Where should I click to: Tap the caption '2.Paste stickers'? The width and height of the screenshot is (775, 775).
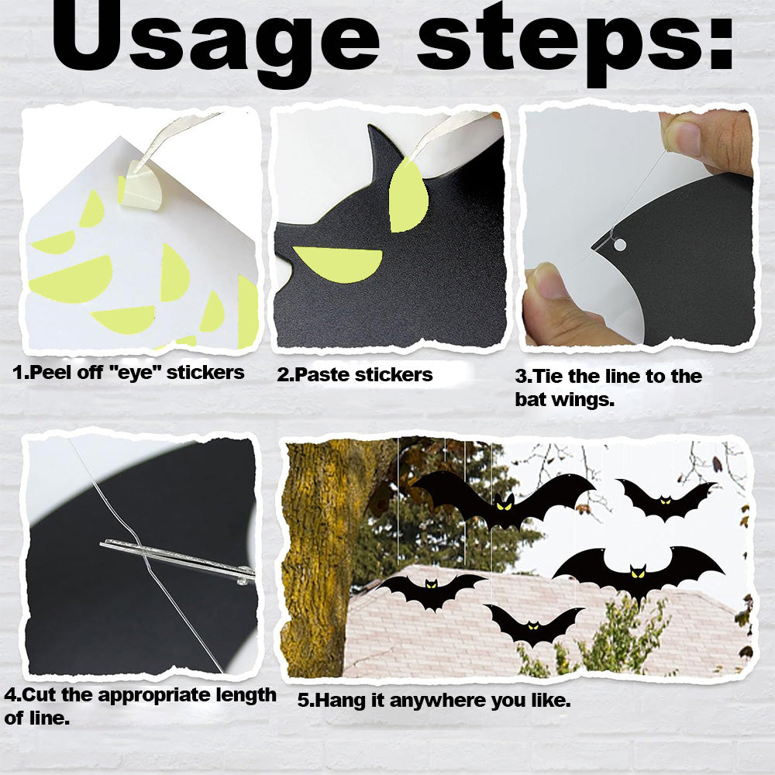click(x=354, y=374)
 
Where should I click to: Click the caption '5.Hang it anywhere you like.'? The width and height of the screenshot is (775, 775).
click(x=434, y=701)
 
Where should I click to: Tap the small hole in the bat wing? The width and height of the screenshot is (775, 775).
click(x=619, y=245)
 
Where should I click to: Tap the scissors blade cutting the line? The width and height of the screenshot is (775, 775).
click(x=178, y=559)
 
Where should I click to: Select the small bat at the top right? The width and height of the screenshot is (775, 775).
click(x=665, y=499)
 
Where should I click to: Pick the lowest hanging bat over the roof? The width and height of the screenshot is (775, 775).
click(x=533, y=625)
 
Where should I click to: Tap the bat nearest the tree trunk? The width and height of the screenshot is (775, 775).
click(x=430, y=590)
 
